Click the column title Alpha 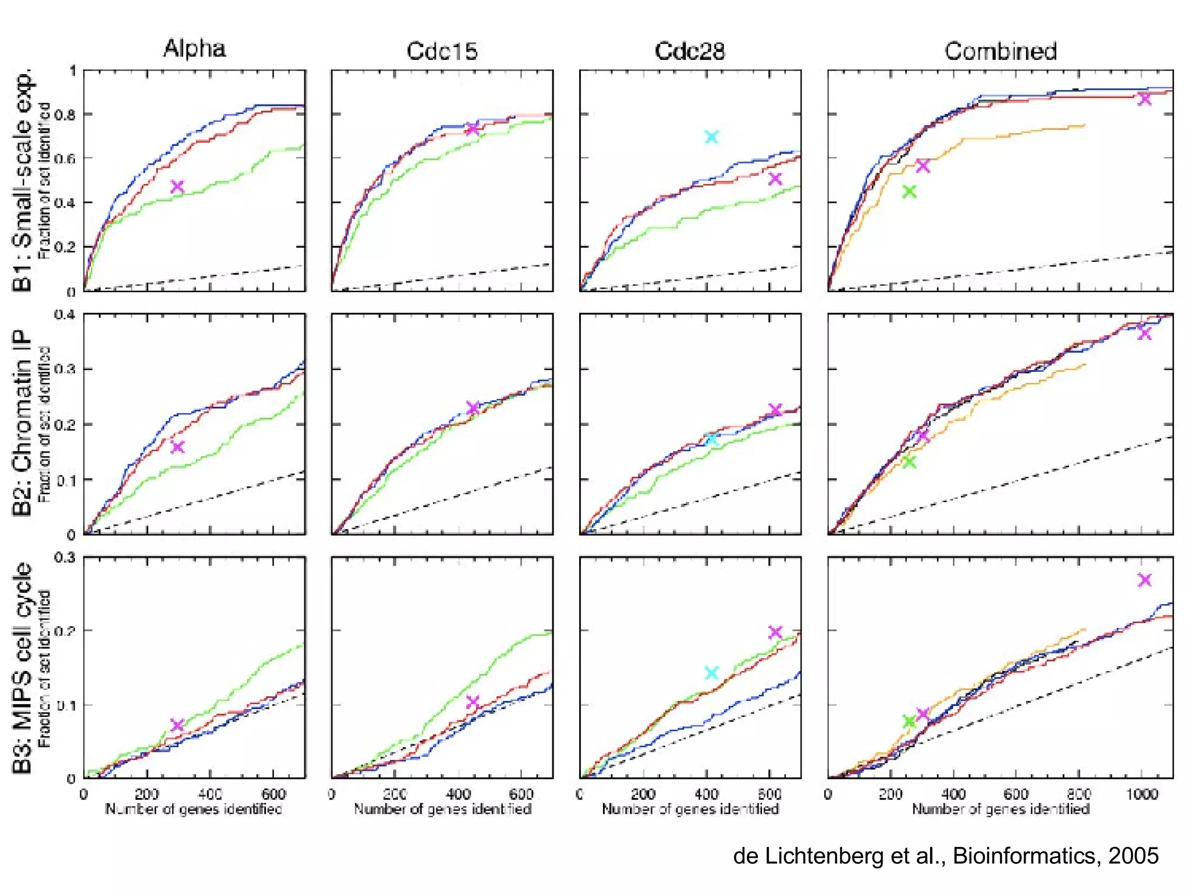coord(194,48)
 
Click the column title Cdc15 coord(442,51)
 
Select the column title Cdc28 coord(690,51)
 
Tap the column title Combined coord(1000,51)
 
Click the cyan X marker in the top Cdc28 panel coord(711,137)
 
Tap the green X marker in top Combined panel coord(909,191)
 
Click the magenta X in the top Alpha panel coord(177,187)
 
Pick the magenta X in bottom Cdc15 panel coord(473,701)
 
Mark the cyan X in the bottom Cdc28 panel coord(711,673)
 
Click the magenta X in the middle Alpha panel coord(177,447)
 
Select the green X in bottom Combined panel coord(909,722)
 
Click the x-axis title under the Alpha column coord(193,809)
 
